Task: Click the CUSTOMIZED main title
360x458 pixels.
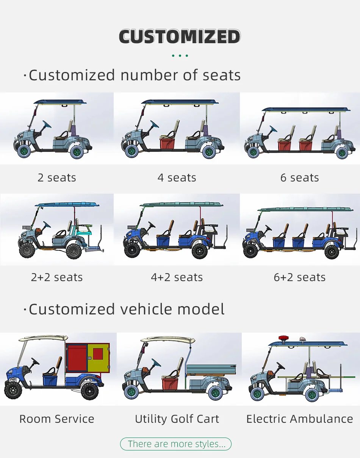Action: pyautogui.click(x=180, y=37)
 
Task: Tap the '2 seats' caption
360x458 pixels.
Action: pyautogui.click(x=57, y=178)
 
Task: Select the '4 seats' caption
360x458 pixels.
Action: pyautogui.click(x=177, y=178)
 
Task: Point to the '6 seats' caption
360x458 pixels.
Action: pyautogui.click(x=299, y=178)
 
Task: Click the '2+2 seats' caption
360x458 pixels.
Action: pyautogui.click(x=57, y=277)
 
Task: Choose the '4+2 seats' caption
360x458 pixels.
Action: pyautogui.click(x=177, y=277)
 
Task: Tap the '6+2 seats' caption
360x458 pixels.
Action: pyautogui.click(x=299, y=277)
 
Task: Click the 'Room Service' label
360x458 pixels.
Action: pyautogui.click(x=57, y=419)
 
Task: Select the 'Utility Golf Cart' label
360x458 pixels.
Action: pyautogui.click(x=177, y=419)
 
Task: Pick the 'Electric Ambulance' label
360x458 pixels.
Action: pyautogui.click(x=299, y=419)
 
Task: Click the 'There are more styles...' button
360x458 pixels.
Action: pyautogui.click(x=175, y=444)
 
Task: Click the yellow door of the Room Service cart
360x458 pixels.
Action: pyautogui.click(x=98, y=358)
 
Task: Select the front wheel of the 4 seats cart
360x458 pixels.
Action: pyautogui.click(x=131, y=151)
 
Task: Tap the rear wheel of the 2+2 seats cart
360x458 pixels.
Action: pyautogui.click(x=74, y=251)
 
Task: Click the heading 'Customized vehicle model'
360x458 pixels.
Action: pyautogui.click(x=127, y=309)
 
